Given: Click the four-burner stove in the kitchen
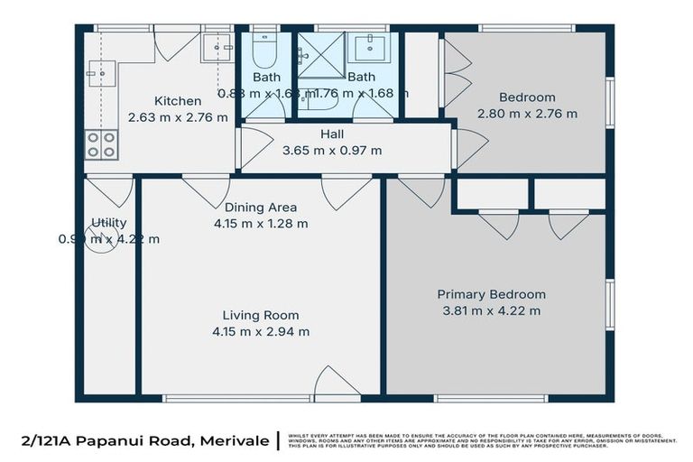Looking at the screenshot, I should [x=101, y=143].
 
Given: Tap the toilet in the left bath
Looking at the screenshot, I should [x=264, y=52].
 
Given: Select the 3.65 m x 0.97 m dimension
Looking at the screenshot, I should [x=333, y=151].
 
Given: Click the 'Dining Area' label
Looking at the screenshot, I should [x=261, y=208].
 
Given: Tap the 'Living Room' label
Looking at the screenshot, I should [x=261, y=315].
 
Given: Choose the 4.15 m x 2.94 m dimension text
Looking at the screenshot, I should [x=261, y=331].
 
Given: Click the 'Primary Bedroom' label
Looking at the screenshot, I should [x=491, y=294].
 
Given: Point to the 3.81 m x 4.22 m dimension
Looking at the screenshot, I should [x=491, y=311].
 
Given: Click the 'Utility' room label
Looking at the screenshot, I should [x=108, y=223].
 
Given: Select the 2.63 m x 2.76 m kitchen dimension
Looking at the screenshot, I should [x=177, y=117].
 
